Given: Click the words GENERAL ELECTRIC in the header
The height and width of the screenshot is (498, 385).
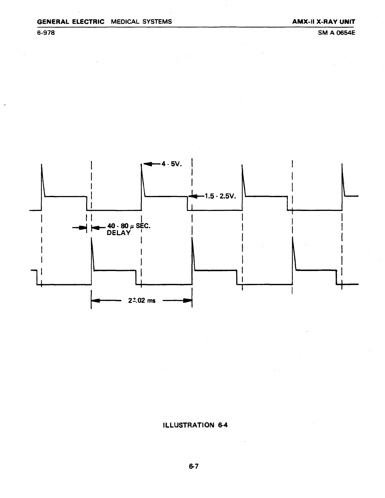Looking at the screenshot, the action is (70, 22).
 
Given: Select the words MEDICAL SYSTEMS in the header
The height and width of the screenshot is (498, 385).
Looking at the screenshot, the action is (141, 22).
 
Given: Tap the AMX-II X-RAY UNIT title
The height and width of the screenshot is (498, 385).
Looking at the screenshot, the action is (323, 22).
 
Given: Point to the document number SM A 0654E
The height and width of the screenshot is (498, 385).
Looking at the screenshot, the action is (336, 32).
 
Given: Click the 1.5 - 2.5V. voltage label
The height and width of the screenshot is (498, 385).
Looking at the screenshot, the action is (220, 196).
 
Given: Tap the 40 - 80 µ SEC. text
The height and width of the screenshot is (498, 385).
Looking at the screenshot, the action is (129, 226).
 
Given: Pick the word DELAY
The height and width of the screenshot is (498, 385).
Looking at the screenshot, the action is (119, 233).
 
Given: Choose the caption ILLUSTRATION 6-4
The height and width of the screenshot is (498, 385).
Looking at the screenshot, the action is (195, 425).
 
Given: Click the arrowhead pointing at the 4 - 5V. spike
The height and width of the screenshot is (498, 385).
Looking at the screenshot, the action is (148, 164).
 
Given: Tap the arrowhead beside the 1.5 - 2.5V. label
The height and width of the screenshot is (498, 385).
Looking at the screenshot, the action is (192, 196).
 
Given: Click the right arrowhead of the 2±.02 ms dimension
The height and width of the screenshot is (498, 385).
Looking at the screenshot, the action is (188, 301).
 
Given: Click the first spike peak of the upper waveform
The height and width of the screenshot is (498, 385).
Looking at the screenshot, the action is (42, 165).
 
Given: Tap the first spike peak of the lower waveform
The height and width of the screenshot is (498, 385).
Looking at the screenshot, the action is (92, 239).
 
